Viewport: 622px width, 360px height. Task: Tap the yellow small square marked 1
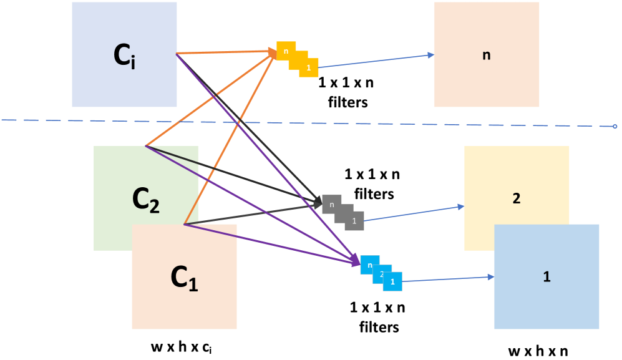[309, 68]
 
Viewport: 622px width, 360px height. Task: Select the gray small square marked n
[330, 203]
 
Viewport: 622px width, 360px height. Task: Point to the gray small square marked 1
[355, 221]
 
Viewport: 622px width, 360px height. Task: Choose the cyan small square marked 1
[392, 282]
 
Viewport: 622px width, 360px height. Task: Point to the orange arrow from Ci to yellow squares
[225, 52]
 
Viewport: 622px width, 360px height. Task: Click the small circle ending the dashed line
[615, 127]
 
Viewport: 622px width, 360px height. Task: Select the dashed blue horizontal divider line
[374, 123]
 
